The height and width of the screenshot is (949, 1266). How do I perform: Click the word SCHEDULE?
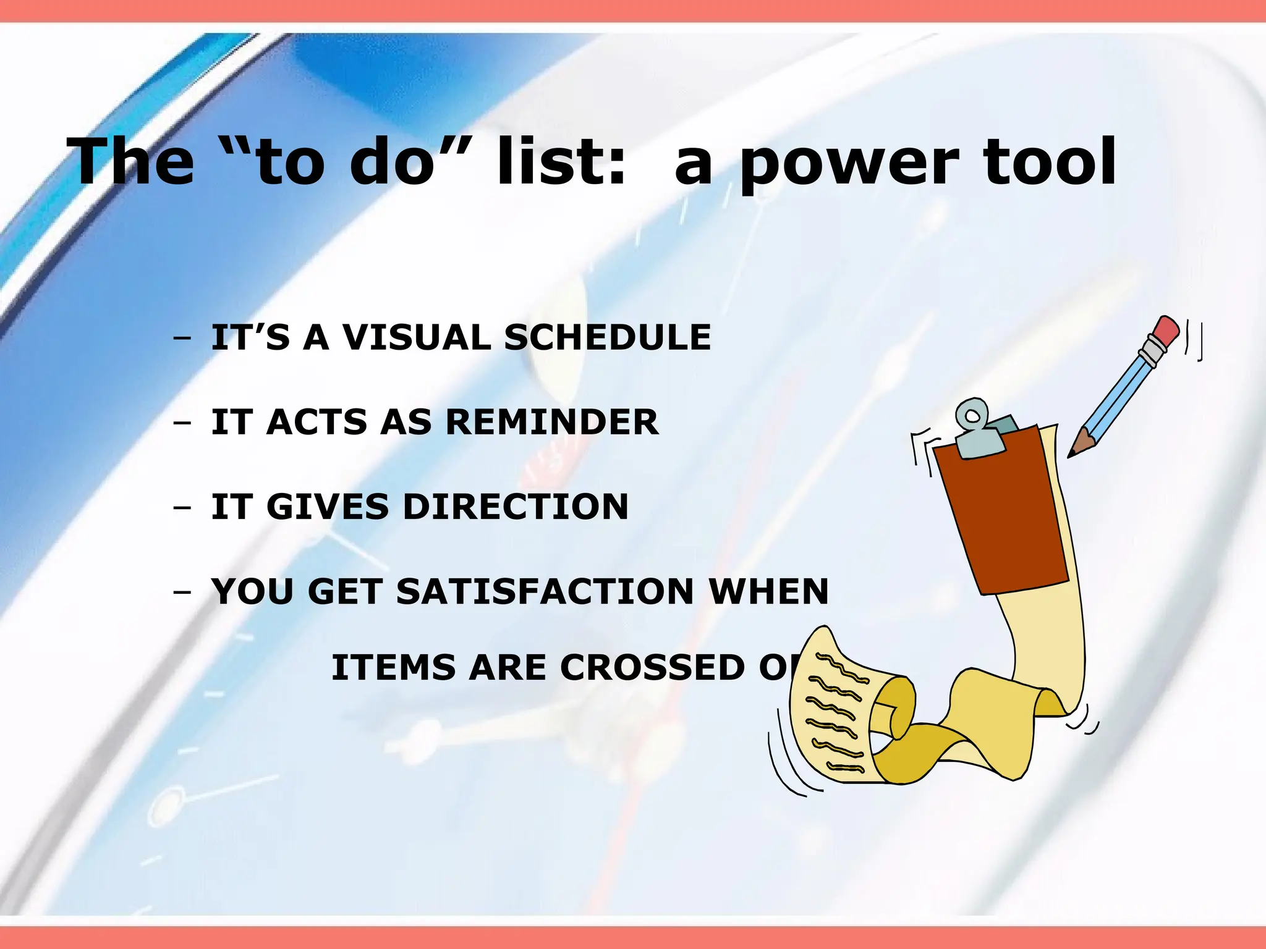(607, 337)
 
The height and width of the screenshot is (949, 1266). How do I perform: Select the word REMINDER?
(551, 422)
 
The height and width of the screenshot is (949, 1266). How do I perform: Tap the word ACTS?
(317, 422)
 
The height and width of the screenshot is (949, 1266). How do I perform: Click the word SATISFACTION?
(545, 591)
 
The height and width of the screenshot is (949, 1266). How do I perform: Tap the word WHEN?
(768, 591)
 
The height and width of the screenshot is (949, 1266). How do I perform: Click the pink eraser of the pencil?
(1167, 332)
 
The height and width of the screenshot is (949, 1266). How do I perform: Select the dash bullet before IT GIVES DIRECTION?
(182, 508)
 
